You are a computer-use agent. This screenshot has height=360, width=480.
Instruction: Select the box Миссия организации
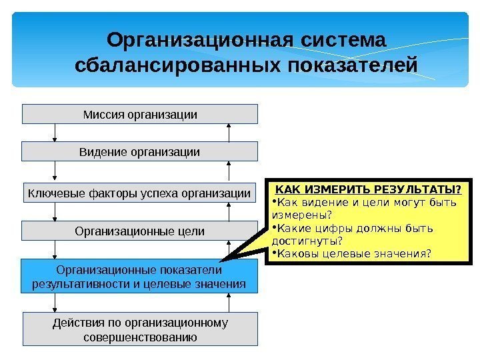pos(140,114)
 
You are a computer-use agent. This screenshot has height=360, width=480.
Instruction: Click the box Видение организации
pos(140,151)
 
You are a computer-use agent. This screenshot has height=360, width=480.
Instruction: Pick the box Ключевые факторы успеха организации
pos(140,194)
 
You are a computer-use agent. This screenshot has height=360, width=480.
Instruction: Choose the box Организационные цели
pos(140,231)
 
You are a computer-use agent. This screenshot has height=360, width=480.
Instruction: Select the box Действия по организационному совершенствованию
pos(140,329)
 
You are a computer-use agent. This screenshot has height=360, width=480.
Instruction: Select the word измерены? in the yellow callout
pos(302,215)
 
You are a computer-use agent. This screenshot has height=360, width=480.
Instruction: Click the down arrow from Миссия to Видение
pos(55,133)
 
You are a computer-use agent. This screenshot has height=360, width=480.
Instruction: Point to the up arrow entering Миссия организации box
pos(229,132)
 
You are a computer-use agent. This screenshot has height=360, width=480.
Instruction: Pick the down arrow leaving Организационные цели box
pos(55,250)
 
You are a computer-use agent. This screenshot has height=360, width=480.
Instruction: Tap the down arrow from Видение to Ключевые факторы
pos(55,172)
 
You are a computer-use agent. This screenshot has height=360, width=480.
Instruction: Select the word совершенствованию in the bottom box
pos(140,337)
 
